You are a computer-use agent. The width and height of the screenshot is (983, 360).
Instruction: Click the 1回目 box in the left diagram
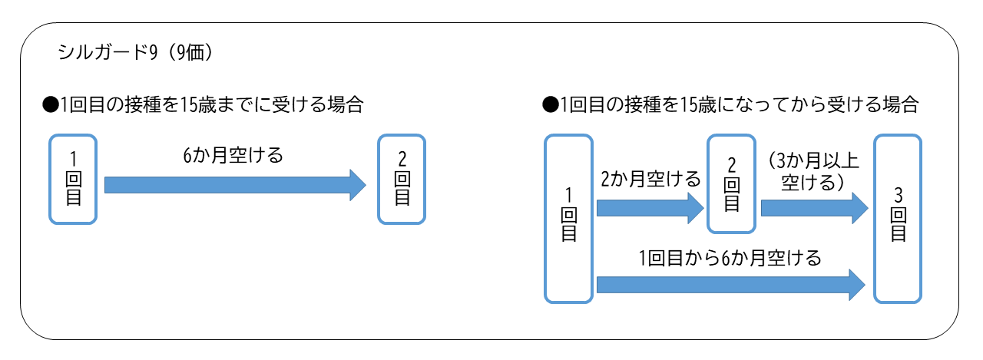point(73,180)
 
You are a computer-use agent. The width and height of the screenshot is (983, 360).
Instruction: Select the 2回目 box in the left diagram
point(402,180)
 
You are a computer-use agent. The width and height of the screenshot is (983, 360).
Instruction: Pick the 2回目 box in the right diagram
point(732,185)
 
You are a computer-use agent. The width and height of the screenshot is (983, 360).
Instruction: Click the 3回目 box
point(898,219)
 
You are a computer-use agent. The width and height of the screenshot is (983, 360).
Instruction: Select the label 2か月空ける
point(650,180)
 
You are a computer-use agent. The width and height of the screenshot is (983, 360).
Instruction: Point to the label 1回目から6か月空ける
point(729,258)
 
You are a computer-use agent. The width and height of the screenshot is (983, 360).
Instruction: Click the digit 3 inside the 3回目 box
point(898,194)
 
